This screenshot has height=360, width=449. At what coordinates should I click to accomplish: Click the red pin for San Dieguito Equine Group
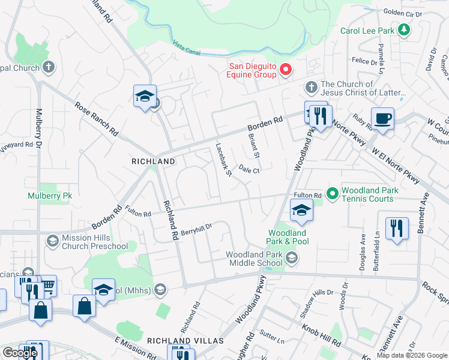pos(286,70)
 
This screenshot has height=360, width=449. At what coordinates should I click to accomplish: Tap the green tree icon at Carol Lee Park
pos(405,29)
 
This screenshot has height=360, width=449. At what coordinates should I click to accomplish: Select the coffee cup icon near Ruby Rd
pos(382,118)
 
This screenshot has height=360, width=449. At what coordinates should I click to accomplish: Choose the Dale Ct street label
pos(249,170)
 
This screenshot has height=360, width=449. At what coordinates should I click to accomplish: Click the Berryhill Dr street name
pos(196,229)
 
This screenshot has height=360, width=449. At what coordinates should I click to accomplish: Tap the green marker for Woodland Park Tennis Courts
pos(333,194)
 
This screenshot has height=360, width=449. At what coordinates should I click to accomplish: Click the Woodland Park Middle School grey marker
pos(292,258)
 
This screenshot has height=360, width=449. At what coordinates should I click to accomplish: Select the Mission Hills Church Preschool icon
pos(52,241)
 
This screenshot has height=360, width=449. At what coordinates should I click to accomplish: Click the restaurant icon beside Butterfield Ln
pos(397,229)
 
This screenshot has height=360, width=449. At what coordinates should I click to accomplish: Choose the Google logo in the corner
pos(20,353)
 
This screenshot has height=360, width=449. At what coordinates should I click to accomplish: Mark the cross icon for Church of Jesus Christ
pos(311,88)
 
